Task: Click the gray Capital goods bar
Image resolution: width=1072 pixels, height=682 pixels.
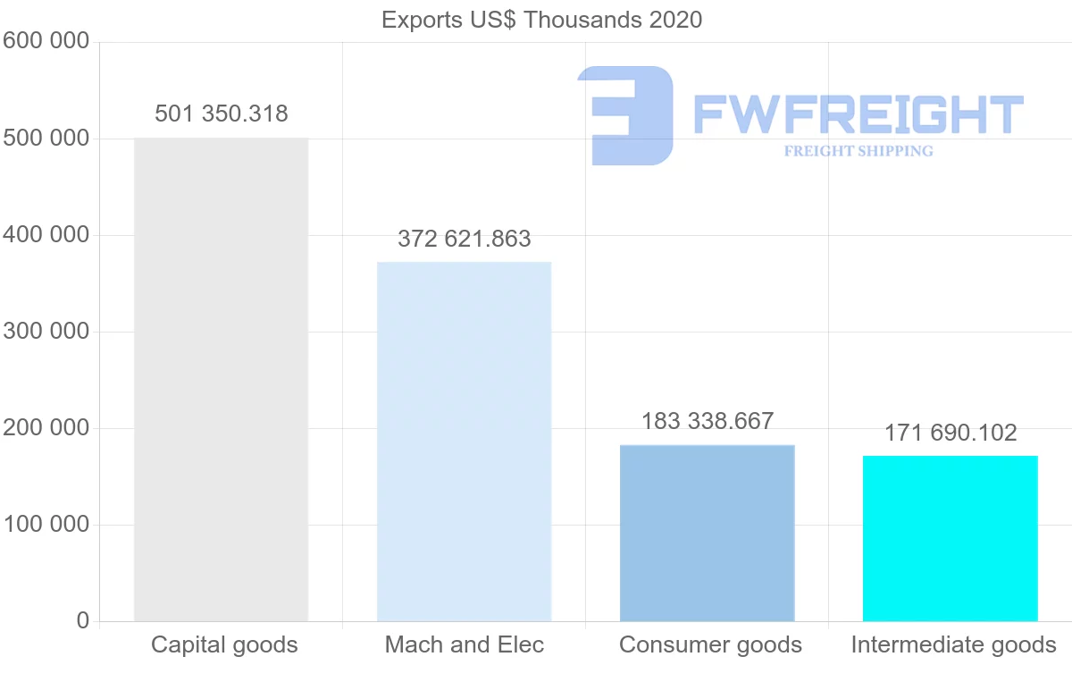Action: click(x=221, y=380)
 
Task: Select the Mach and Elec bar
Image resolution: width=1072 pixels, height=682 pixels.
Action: click(x=464, y=442)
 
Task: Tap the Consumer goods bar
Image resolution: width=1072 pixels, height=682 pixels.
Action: click(x=707, y=533)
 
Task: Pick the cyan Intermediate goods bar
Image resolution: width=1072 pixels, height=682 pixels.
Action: click(x=950, y=538)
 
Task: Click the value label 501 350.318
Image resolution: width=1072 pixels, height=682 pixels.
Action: click(x=222, y=114)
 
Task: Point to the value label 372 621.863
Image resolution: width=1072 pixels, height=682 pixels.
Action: click(x=465, y=240)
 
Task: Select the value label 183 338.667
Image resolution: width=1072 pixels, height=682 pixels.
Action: click(x=708, y=422)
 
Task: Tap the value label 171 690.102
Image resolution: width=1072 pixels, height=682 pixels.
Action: click(x=951, y=434)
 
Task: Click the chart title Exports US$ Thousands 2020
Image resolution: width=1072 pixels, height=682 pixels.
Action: click(x=541, y=20)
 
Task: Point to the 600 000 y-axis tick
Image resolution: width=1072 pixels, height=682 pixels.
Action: click(x=46, y=42)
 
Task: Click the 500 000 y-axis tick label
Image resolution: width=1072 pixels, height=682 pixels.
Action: click(x=46, y=139)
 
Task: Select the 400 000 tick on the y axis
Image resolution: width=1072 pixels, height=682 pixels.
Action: click(x=46, y=235)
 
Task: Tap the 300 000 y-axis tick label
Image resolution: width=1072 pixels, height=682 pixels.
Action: click(x=46, y=332)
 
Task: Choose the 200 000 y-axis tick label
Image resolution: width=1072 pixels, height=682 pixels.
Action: click(x=46, y=428)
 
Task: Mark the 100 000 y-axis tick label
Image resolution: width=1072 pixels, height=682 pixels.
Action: click(x=46, y=525)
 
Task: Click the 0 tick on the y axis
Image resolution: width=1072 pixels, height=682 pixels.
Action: click(x=83, y=621)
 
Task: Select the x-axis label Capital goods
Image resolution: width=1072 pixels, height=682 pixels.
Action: click(x=224, y=645)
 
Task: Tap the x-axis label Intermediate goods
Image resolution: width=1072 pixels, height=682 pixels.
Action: click(x=953, y=645)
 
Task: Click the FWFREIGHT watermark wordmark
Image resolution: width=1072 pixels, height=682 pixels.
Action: click(x=858, y=115)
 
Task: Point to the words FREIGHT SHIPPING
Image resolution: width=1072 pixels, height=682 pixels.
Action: click(x=858, y=151)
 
